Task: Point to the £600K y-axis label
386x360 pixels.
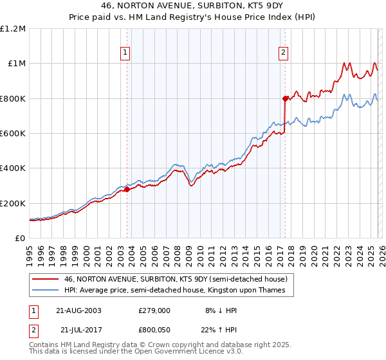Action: [13, 134]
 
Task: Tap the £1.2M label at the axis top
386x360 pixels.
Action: [13, 29]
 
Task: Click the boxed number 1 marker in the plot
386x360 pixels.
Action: [126, 53]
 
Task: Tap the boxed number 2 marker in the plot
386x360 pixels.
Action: [284, 53]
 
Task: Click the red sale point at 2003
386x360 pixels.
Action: [127, 190]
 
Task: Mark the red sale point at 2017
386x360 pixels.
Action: [284, 98]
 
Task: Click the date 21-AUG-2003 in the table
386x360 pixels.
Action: [78, 310]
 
